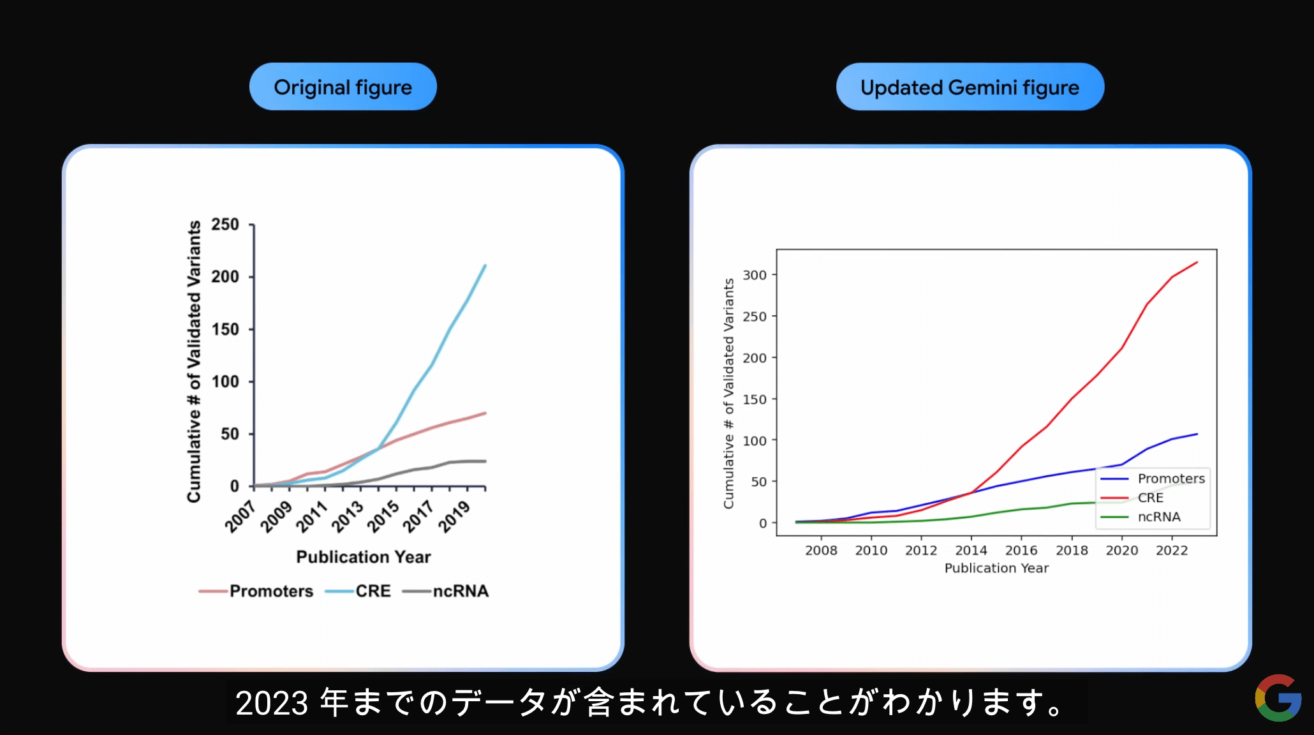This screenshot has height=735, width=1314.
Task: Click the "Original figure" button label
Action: [343, 87]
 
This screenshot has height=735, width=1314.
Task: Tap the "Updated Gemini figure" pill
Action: [970, 87]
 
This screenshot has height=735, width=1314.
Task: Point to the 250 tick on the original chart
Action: [225, 225]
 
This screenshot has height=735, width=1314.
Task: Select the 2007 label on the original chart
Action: [240, 516]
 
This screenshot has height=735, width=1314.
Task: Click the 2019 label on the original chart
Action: [454, 516]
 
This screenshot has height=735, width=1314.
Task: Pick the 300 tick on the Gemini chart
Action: [755, 275]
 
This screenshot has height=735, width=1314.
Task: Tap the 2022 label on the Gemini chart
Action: [1172, 550]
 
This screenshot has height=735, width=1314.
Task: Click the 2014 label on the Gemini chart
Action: [971, 550]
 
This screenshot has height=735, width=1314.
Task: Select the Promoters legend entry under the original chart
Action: [256, 591]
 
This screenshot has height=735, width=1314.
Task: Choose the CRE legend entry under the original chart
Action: [358, 591]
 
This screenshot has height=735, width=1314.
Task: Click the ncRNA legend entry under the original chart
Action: [446, 591]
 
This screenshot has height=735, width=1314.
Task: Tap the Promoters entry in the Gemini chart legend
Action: [1153, 479]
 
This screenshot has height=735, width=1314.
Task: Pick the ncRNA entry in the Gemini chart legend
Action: [1141, 517]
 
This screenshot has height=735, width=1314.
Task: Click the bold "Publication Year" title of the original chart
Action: [364, 557]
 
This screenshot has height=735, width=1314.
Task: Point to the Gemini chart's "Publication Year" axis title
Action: [996, 568]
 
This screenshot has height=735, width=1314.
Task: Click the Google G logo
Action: [1278, 698]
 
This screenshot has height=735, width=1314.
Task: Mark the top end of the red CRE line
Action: [1197, 262]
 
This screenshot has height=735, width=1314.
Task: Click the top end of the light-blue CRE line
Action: [485, 265]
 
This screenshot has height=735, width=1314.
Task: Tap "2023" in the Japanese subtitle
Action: [272, 703]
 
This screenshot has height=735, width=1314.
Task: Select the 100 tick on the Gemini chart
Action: [755, 440]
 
